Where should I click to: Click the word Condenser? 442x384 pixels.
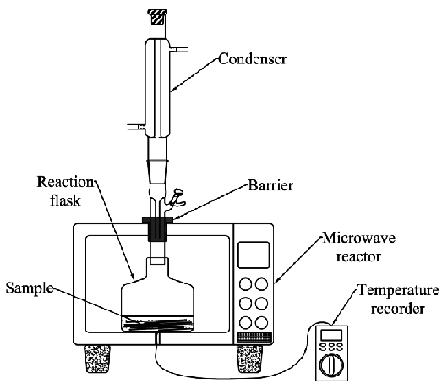pos(253,59)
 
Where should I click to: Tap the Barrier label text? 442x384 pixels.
pos(270,185)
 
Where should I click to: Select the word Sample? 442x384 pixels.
pos(30,289)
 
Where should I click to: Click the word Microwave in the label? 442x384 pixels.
pos(358,238)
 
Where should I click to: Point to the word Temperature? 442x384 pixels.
pos(398,290)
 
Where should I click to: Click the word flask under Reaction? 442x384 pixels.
pos(65,200)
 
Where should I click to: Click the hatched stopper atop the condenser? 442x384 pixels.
pos(157,17)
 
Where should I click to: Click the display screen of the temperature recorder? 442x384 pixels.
pos(331,336)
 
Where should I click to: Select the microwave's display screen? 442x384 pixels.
pos(254,255)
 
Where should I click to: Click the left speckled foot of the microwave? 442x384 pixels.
pos(97,359)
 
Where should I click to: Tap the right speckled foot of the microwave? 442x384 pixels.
pos(249,359)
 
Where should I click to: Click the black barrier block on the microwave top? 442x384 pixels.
pos(157,228)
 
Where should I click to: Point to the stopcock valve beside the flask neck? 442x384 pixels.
pos(176,199)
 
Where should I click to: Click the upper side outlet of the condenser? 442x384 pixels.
pos(178,50)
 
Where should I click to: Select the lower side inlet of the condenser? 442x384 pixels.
pos(137,127)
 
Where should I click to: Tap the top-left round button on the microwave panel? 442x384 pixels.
pos(246,284)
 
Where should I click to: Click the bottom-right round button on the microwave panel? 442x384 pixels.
pos(262,322)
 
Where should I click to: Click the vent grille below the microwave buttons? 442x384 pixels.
pos(254,337)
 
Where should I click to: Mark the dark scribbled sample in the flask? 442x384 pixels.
pos(158,324)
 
